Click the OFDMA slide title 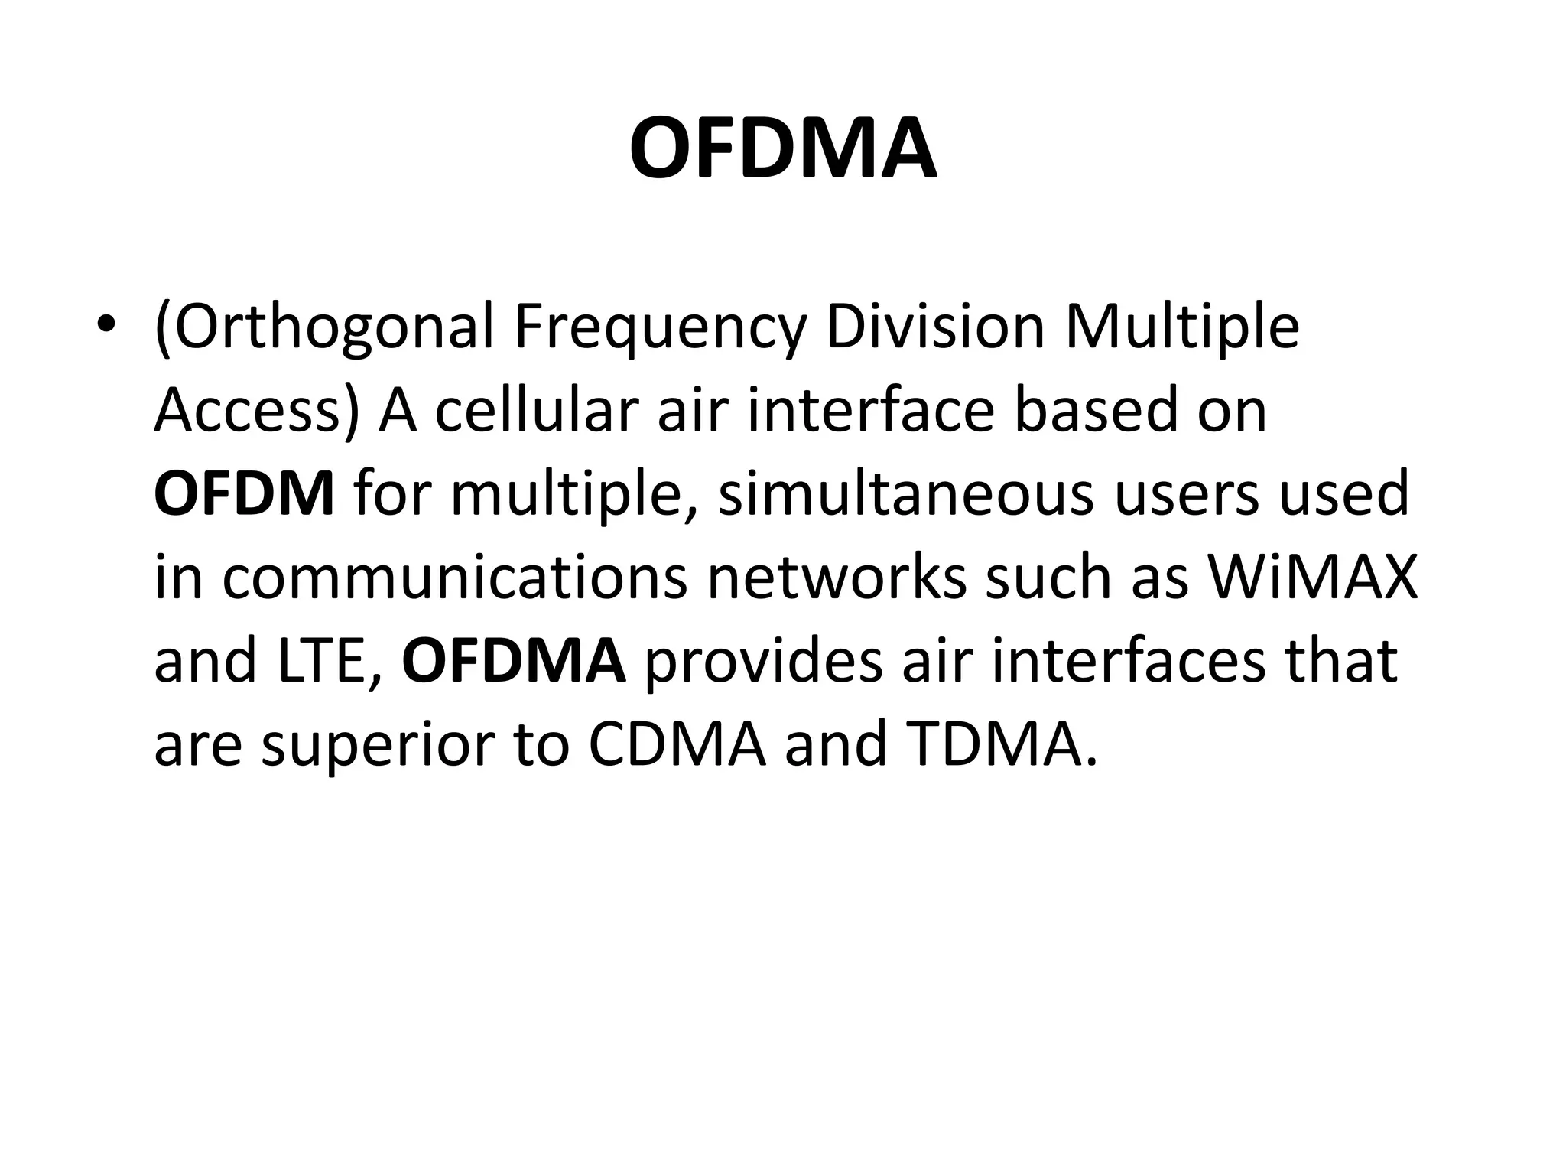783,149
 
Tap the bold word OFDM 244,494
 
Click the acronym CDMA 677,744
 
